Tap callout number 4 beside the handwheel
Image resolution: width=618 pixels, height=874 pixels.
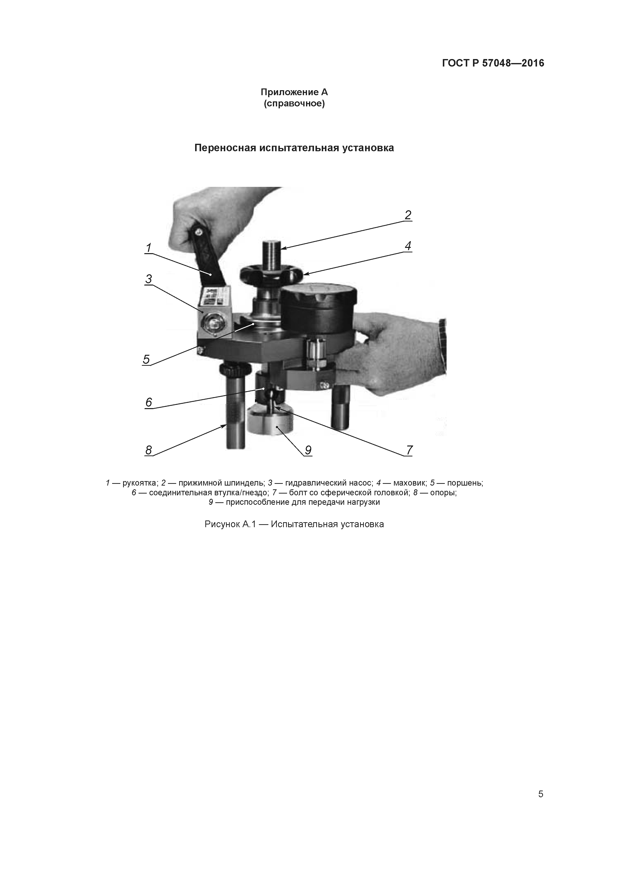pyautogui.click(x=408, y=246)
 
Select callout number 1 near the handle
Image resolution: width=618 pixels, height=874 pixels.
pyautogui.click(x=149, y=248)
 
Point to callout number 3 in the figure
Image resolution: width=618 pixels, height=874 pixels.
pyautogui.click(x=149, y=279)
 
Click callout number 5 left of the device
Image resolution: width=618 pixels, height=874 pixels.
pyautogui.click(x=146, y=359)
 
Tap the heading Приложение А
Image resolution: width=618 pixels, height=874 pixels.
pyautogui.click(x=294, y=92)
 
